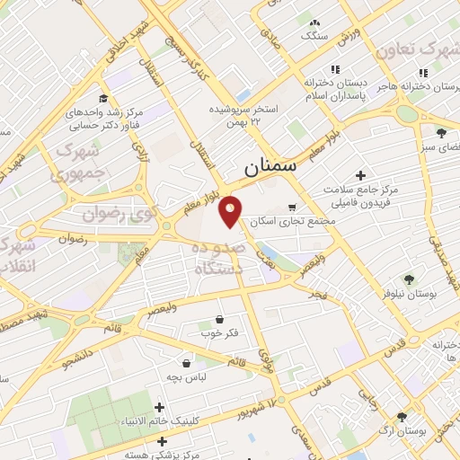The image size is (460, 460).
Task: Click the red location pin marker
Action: coord(231,210)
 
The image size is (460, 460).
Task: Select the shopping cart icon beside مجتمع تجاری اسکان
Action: coord(316,208)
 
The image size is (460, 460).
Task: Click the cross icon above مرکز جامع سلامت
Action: coord(360,175)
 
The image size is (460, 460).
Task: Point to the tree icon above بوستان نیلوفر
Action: coord(409,279)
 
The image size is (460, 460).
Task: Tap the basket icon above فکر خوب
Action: coord(220,320)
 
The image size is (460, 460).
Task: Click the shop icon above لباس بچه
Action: coord(186,363)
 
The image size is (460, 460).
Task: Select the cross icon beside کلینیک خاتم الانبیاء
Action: coord(159,407)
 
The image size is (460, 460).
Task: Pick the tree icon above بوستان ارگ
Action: coord(401,417)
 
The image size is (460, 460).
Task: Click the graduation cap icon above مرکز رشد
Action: coord(103,99)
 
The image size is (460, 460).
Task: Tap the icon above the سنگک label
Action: coord(314,23)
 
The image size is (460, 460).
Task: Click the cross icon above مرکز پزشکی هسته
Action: coord(162,441)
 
